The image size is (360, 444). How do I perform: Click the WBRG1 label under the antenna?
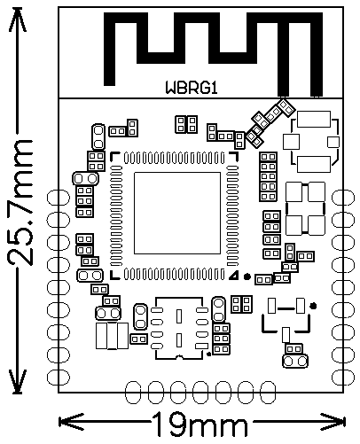192,88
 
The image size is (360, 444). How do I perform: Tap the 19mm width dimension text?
200,425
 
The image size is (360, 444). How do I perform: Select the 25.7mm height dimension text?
20,203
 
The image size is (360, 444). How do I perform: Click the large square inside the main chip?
177,214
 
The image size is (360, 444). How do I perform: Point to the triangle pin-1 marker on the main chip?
234,276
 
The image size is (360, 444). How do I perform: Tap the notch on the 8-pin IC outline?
179,357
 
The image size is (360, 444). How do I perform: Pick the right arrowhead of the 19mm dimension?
333,422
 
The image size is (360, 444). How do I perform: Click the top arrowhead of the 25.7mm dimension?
18,19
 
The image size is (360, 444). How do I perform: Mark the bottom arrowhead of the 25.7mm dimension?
18,381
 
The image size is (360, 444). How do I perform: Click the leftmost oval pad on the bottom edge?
133,393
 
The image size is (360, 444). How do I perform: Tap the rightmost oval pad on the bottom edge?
268,393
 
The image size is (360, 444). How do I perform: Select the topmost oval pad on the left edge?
59,198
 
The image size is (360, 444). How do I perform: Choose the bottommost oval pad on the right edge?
343,378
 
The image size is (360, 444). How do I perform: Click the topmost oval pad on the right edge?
343,198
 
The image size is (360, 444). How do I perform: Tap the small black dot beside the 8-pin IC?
209,354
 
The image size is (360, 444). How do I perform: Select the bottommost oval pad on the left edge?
59,378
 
